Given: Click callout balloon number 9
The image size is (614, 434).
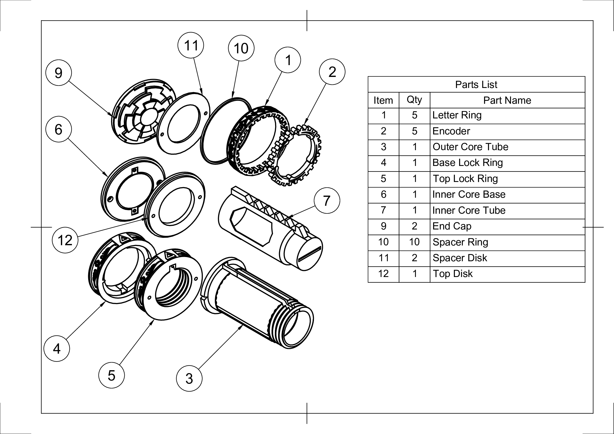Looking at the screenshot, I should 59,73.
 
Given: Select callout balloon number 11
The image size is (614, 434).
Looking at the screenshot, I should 191,45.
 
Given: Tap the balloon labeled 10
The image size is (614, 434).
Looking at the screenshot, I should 241,48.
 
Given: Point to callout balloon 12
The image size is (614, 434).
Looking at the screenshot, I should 65,240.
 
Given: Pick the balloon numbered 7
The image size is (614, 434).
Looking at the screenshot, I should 327,201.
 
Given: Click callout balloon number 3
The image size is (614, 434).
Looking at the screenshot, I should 189,378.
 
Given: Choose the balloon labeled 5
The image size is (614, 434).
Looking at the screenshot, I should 111,375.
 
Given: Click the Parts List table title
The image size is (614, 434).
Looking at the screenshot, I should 476,85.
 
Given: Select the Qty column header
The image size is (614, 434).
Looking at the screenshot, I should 414,100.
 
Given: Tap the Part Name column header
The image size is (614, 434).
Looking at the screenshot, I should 507,100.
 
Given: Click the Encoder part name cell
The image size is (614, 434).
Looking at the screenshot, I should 452,131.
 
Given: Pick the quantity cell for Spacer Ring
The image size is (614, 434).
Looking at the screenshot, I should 414,242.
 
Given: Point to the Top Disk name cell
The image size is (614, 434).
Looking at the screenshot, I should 453,274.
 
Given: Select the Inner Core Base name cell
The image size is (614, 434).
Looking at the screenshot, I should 469,194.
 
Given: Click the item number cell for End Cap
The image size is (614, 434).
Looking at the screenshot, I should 383,226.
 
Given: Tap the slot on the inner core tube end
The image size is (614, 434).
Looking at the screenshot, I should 309,254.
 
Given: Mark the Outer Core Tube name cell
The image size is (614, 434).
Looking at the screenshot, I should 470,147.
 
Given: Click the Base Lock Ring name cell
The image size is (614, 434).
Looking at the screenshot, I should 468,163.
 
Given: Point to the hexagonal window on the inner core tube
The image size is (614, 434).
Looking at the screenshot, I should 251,226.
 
